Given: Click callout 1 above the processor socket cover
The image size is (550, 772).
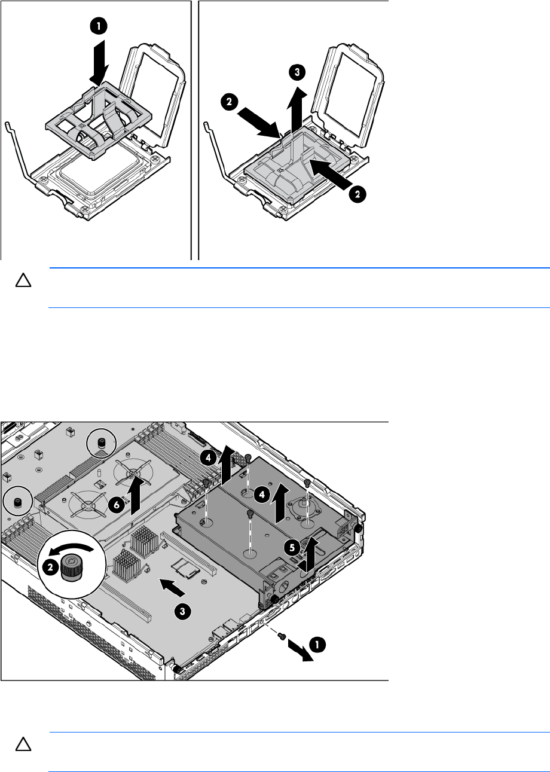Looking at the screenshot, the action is (x=99, y=26).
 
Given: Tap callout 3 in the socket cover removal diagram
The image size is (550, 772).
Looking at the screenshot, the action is (x=297, y=72).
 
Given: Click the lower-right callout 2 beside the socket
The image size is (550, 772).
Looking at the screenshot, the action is (x=357, y=194).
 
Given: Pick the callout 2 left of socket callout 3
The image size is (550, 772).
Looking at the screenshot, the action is (x=229, y=102).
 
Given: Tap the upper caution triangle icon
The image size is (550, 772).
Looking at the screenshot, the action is (x=23, y=280).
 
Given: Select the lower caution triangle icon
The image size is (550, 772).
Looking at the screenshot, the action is (x=23, y=744).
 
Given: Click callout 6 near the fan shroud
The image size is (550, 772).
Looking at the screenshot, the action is (x=117, y=505).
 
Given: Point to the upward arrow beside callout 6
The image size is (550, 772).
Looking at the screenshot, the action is (x=136, y=493).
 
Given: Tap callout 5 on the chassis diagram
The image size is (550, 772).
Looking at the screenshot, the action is (x=292, y=548).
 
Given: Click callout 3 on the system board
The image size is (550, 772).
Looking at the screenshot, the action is (x=182, y=611).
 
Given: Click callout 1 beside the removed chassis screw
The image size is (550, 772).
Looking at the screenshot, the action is (x=317, y=645).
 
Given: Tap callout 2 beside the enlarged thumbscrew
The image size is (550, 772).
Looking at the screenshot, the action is (x=50, y=567).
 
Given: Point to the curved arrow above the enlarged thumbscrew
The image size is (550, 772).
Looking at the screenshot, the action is (x=71, y=550).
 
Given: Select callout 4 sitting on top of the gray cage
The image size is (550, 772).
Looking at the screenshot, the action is (x=262, y=495).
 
